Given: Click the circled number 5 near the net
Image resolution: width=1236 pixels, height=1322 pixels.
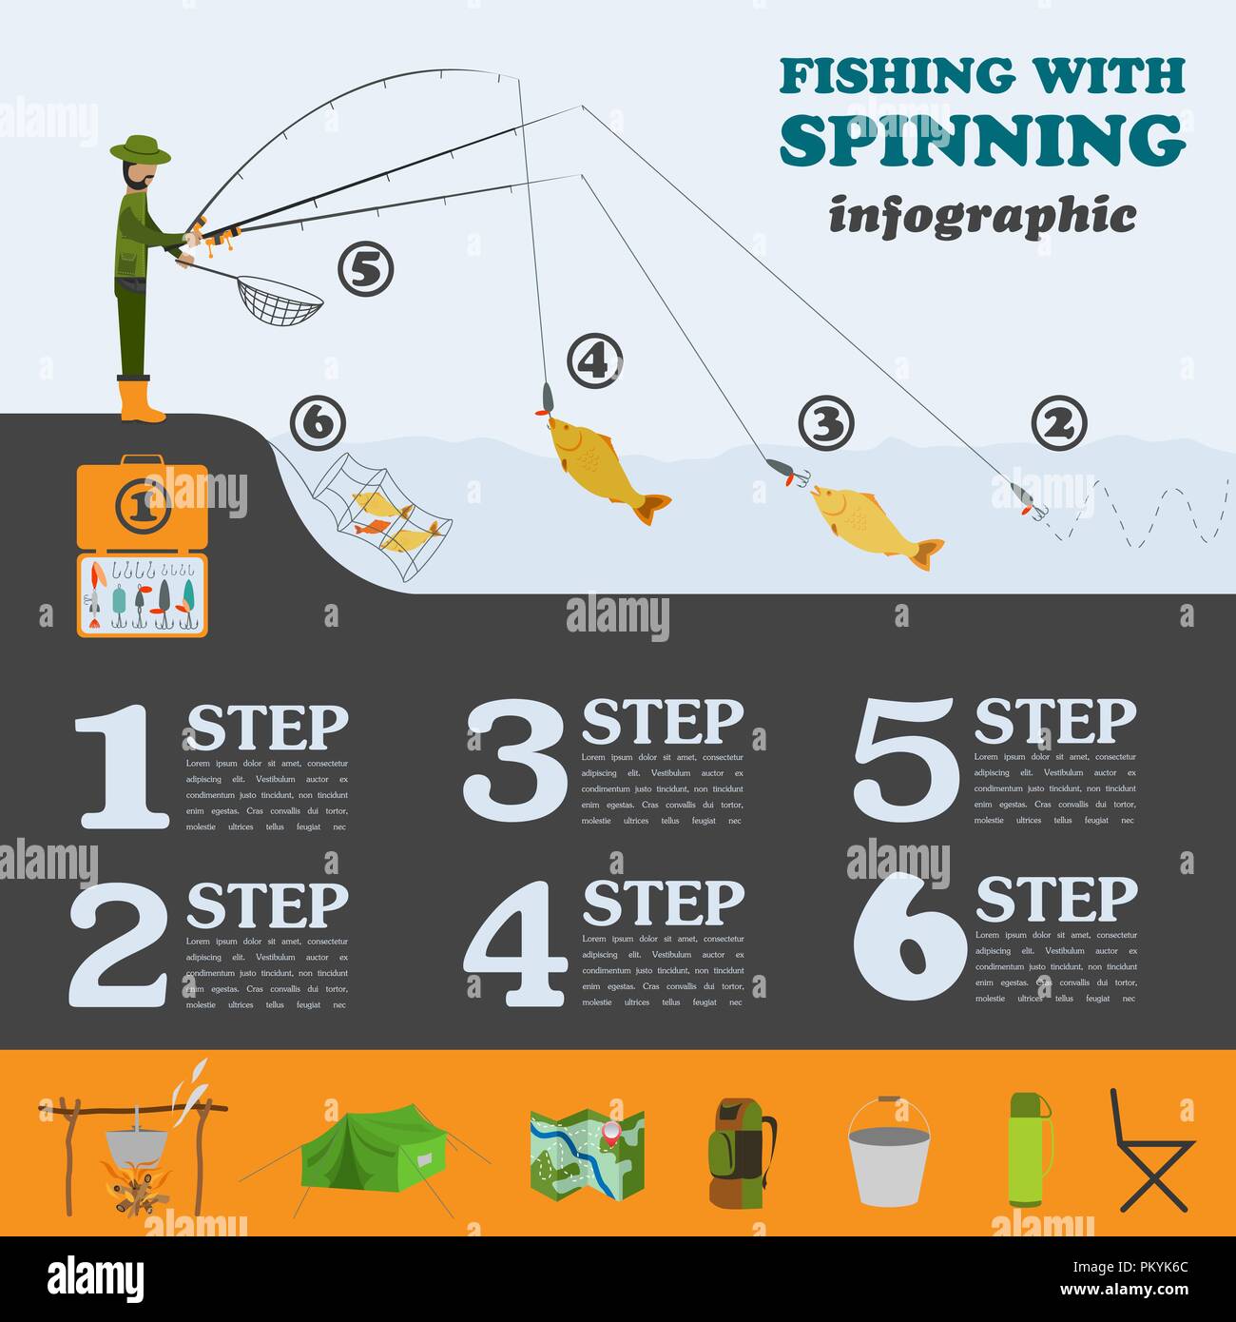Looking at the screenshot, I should coord(365,270).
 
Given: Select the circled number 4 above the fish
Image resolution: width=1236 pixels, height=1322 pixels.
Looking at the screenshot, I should coord(594,361).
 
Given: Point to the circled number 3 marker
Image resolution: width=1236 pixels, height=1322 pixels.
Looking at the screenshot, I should coord(825,423).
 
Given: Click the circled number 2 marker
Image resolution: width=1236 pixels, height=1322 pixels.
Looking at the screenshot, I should coord(1058,423).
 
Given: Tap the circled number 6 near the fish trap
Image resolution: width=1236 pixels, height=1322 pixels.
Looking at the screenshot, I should coord(318,423).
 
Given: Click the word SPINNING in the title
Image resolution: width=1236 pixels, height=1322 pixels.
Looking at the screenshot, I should coord(982,141).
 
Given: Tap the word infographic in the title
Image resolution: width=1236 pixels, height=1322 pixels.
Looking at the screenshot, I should coord(982,215).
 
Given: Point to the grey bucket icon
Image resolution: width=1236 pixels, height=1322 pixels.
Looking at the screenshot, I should coord(888,1154).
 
